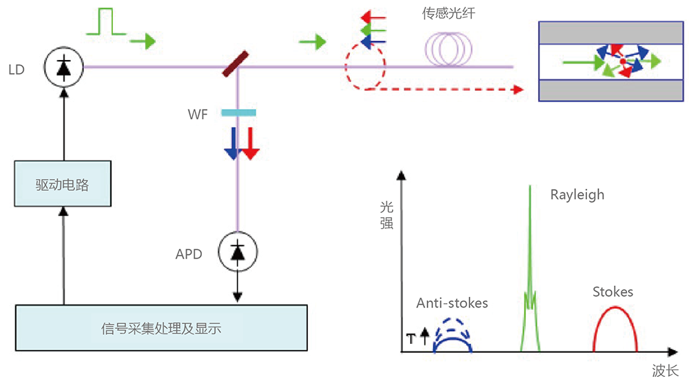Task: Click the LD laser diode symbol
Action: click(63, 68)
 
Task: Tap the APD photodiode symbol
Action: click(238, 252)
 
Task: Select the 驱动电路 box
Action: click(63, 183)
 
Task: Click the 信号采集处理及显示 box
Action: click(161, 328)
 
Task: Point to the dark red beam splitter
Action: click(236, 64)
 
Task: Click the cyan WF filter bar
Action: click(238, 113)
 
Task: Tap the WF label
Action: click(197, 114)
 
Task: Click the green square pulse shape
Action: click(106, 21)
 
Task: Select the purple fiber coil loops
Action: click(449, 49)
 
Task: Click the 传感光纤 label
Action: click(449, 14)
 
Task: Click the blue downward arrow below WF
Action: click(232, 143)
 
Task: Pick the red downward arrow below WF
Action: click(251, 143)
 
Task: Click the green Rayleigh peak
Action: click(530, 268)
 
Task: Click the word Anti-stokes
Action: click(452, 303)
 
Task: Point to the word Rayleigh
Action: click(577, 194)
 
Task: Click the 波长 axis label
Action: click(666, 370)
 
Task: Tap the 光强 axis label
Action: click(387, 215)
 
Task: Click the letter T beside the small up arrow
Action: click(411, 338)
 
